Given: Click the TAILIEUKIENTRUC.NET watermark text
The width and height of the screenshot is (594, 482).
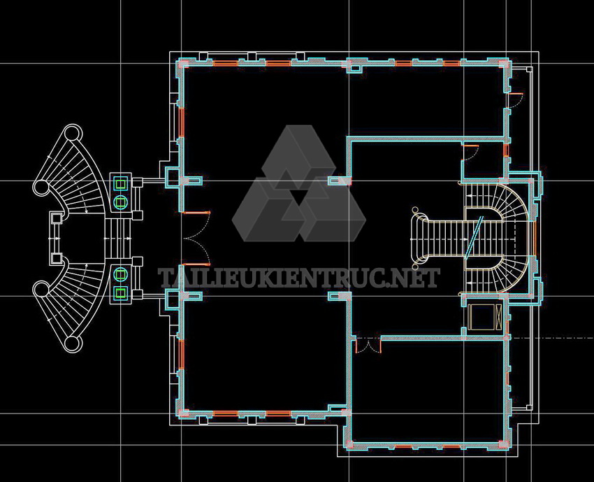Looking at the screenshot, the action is point(299,278).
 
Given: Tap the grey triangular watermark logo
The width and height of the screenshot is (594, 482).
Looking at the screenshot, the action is point(299,183).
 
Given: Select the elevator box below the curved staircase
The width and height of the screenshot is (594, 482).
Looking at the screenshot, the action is point(484,316).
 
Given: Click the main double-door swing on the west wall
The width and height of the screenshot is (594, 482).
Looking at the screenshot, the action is point(196,238).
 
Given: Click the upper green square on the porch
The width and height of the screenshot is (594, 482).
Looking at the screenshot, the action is point(121,184).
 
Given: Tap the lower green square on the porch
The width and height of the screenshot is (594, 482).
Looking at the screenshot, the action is point(121,292).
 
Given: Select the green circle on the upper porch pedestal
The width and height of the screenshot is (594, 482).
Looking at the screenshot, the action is point(121,201).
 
